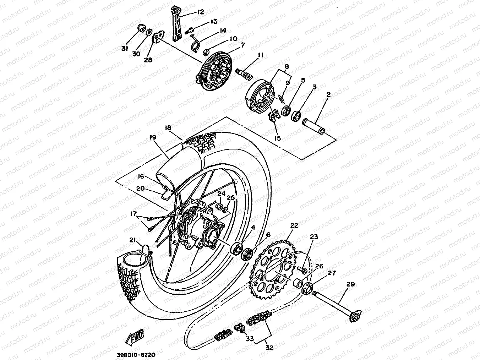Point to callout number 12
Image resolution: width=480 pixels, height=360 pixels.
[201, 12]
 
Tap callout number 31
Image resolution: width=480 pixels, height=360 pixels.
[124, 49]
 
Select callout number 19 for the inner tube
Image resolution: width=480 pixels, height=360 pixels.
[153, 137]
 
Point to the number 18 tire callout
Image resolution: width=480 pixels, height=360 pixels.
[168, 127]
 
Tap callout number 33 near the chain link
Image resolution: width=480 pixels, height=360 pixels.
[250, 339]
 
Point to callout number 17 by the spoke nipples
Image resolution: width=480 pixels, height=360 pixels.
[133, 214]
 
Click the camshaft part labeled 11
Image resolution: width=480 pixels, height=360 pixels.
[245, 73]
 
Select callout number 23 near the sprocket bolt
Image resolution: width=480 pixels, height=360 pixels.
[313, 237]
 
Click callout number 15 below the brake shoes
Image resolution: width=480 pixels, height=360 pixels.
[277, 138]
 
